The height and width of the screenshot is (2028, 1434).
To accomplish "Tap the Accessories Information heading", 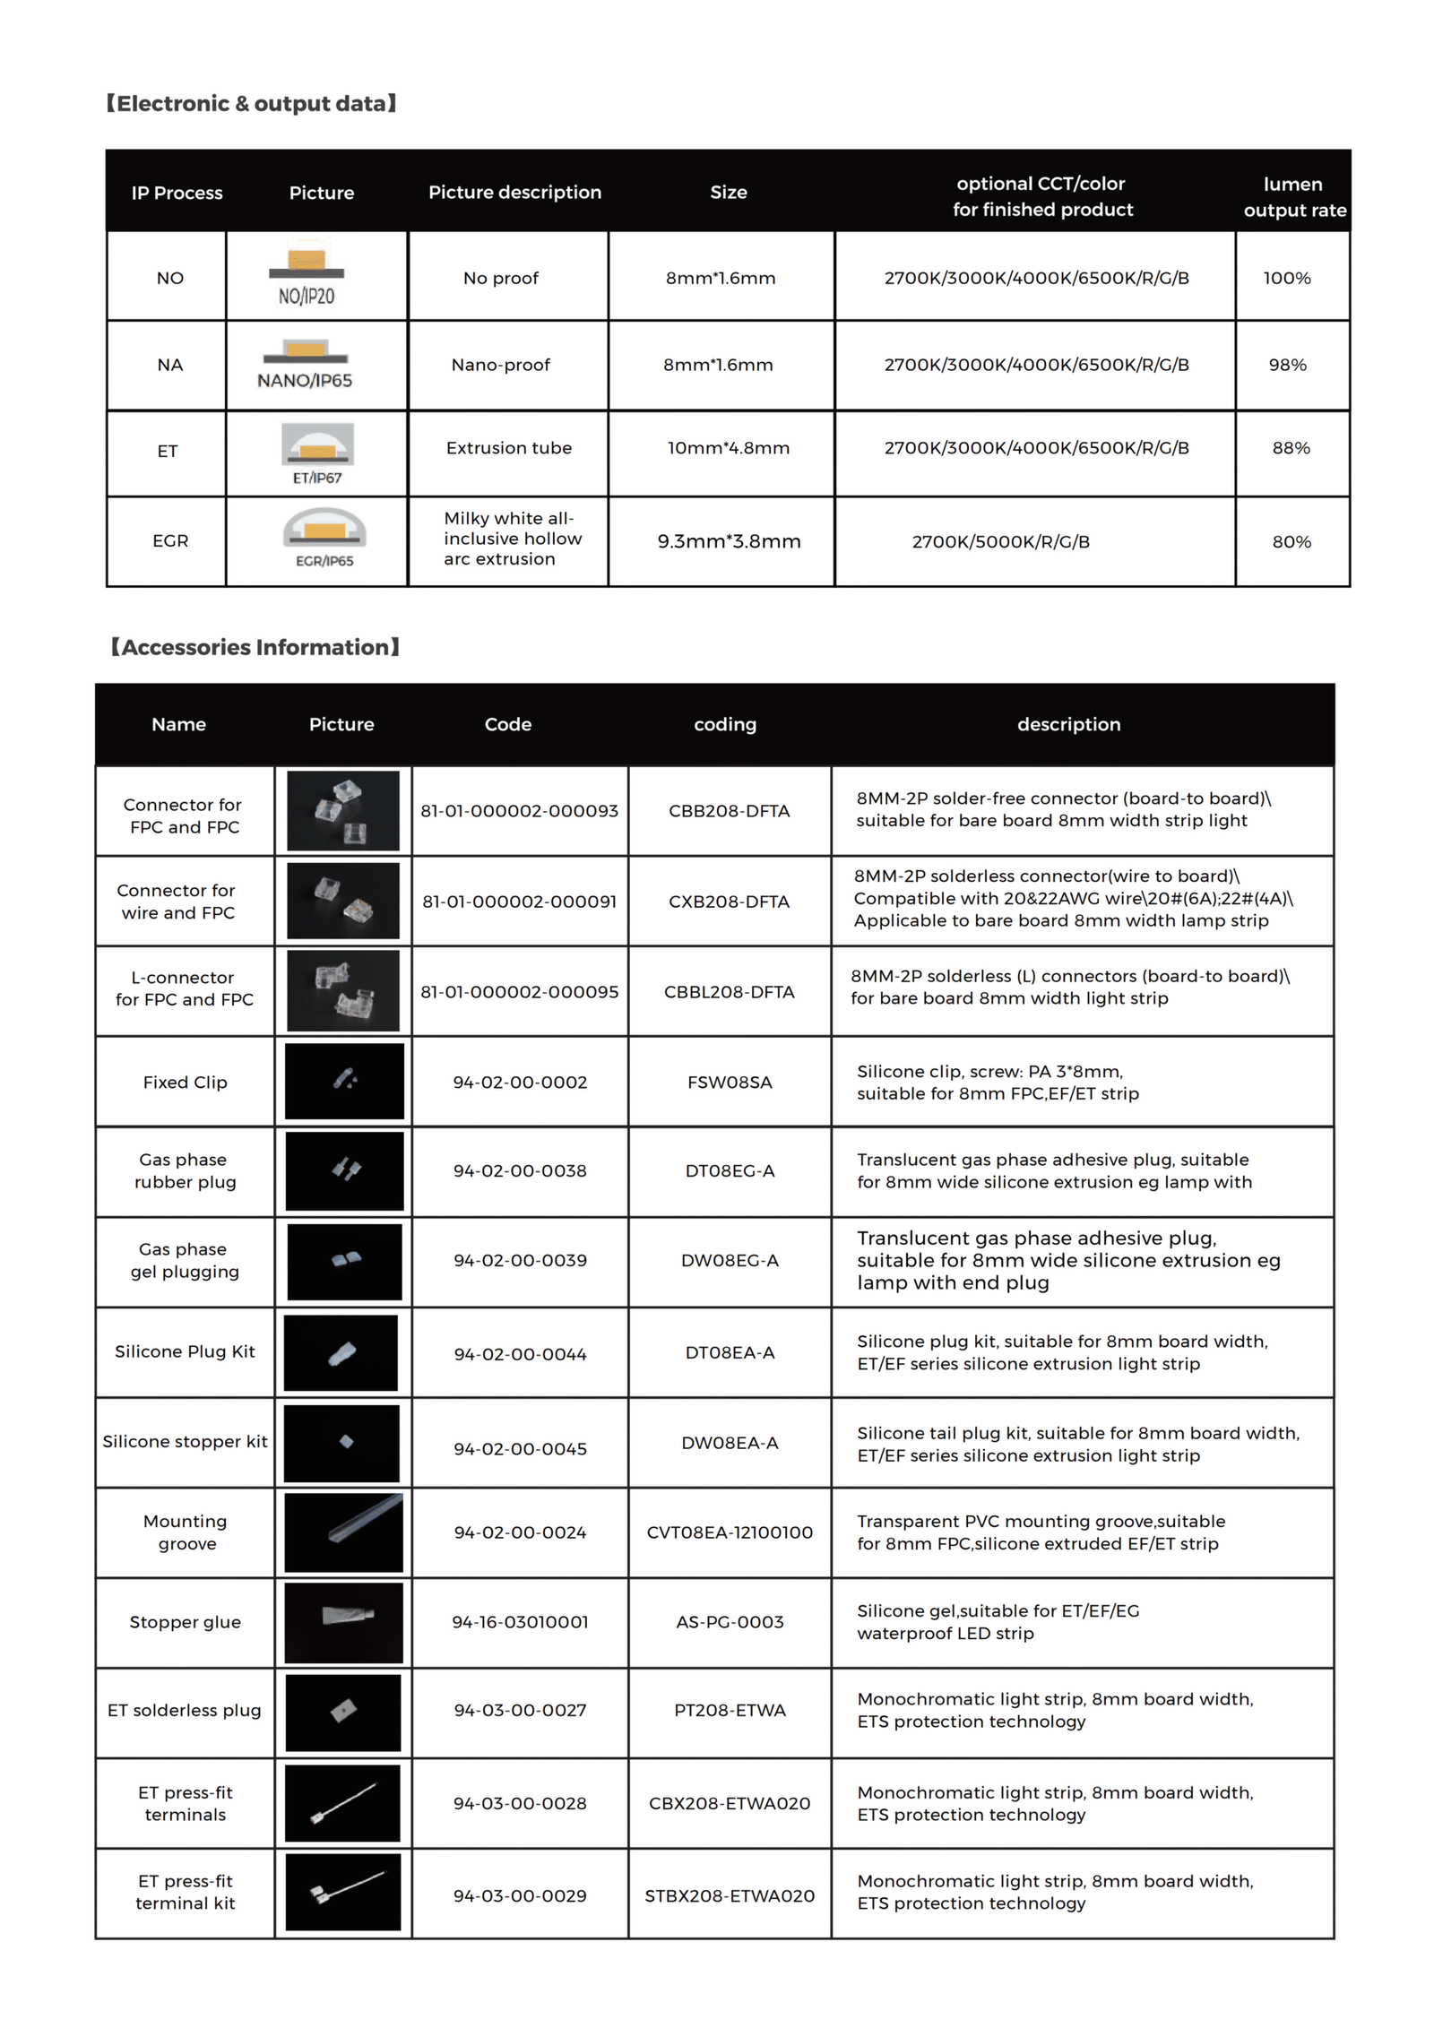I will [255, 647].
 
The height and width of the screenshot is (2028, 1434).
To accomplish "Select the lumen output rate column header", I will [1293, 196].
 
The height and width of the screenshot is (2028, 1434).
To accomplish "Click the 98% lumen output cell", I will [1287, 365].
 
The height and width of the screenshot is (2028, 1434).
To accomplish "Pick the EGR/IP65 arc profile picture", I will [324, 539].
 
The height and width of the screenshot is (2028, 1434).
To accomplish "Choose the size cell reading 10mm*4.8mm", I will [728, 448].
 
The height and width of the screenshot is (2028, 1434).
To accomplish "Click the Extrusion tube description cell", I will [508, 448].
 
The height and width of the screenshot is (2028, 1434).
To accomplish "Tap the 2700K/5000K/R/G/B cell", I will [1000, 541].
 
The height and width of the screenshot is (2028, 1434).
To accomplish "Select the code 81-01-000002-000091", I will [520, 902].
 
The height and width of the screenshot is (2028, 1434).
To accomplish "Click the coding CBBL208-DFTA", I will [729, 992].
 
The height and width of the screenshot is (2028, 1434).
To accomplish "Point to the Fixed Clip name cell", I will [185, 1083].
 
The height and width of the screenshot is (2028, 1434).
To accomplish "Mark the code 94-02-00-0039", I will [520, 1261].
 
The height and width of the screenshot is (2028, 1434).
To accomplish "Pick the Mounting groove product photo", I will [343, 1532].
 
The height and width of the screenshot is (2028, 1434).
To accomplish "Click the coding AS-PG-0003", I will [730, 1622].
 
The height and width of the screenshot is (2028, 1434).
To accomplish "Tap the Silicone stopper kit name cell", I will [185, 1442].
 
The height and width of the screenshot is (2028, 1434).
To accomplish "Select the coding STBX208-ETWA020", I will [730, 1896].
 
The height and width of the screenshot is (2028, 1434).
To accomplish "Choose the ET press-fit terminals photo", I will [342, 1803].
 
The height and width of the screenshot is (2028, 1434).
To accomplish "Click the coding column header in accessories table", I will [725, 724].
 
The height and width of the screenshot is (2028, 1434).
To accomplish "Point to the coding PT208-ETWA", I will [730, 1710].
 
